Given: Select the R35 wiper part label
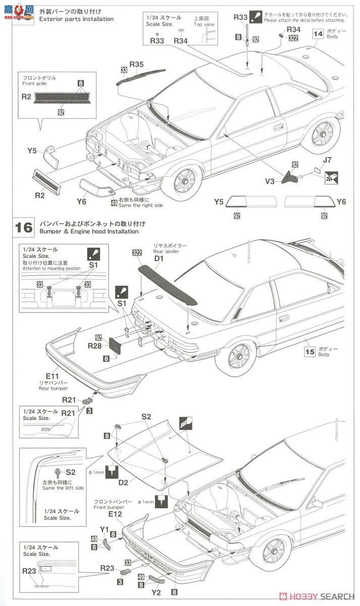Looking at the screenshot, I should pyautogui.click(x=137, y=64).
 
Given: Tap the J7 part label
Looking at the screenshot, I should pyautogui.click(x=327, y=161).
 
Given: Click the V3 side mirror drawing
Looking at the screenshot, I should pyautogui.click(x=290, y=177).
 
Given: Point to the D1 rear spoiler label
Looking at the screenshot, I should pyautogui.click(x=160, y=259).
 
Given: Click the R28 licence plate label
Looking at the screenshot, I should pyautogui.click(x=95, y=346).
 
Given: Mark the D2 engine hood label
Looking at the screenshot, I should pyautogui.click(x=123, y=483).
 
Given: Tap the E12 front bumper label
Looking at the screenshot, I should pyautogui.click(x=115, y=514).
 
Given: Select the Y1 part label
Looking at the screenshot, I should pyautogui.click(x=105, y=530).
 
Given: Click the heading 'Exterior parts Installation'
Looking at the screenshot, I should pyautogui.click(x=76, y=19).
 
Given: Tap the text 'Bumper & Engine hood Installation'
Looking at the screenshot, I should pyautogui.click(x=88, y=231).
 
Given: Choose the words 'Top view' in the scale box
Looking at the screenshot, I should pyautogui.click(x=204, y=24).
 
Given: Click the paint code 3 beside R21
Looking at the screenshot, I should pyautogui.click(x=89, y=411).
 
